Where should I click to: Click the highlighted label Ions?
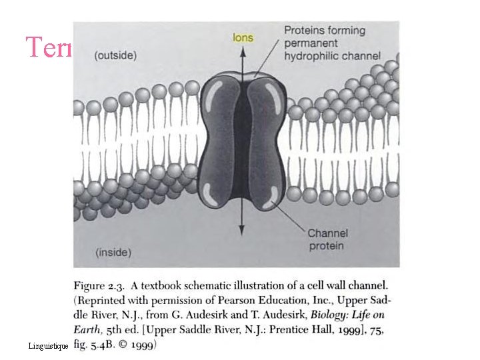pyautogui.click(x=243, y=38)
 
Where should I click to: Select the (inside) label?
pyautogui.click(x=113, y=252)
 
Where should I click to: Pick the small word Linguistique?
pyautogui.click(x=48, y=347)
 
